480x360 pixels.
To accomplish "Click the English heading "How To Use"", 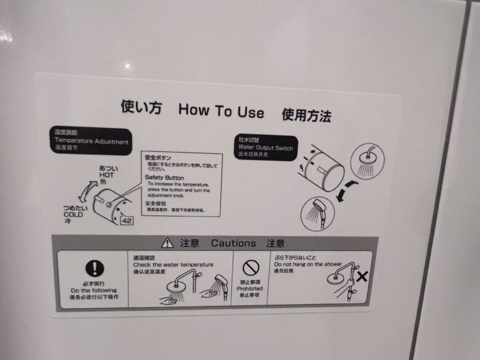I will click(x=221, y=111).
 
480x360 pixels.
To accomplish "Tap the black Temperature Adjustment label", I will click(x=91, y=142).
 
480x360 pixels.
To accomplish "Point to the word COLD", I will click(x=73, y=215).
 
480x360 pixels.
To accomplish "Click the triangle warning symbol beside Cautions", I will click(x=167, y=243).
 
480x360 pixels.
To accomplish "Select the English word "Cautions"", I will click(x=233, y=244).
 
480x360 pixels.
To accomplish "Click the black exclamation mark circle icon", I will click(x=94, y=268).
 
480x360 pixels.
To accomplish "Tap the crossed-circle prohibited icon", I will click(x=250, y=268).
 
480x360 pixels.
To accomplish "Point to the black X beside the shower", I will click(x=362, y=276).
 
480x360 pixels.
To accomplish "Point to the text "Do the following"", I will click(x=94, y=290).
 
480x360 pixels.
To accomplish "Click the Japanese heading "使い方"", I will click(x=141, y=108).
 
